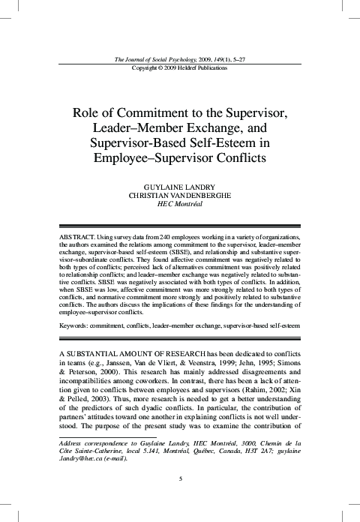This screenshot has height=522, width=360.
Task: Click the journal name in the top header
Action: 153,59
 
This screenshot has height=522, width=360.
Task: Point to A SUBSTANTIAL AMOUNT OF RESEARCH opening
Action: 128,352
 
